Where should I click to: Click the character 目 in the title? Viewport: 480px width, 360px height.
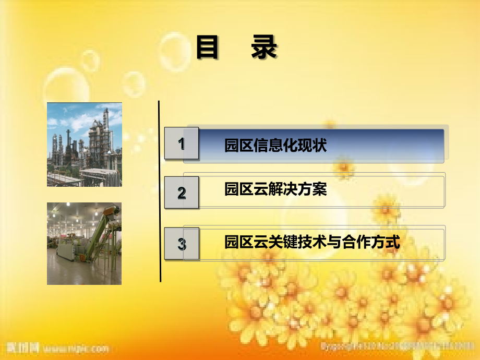pyautogui.click(x=207, y=48)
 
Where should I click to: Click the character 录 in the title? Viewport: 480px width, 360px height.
pyautogui.click(x=264, y=48)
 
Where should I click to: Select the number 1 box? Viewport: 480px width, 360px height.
pyautogui.click(x=182, y=143)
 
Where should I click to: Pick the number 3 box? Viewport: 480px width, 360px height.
pyautogui.click(x=182, y=244)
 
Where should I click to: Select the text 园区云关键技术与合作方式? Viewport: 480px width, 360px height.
pyautogui.click(x=312, y=243)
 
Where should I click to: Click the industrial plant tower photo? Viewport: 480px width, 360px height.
pyautogui.click(x=85, y=145)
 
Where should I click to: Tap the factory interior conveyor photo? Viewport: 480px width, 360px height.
pyautogui.click(x=85, y=244)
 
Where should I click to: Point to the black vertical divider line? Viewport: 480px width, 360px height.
pyautogui.click(x=160, y=192)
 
